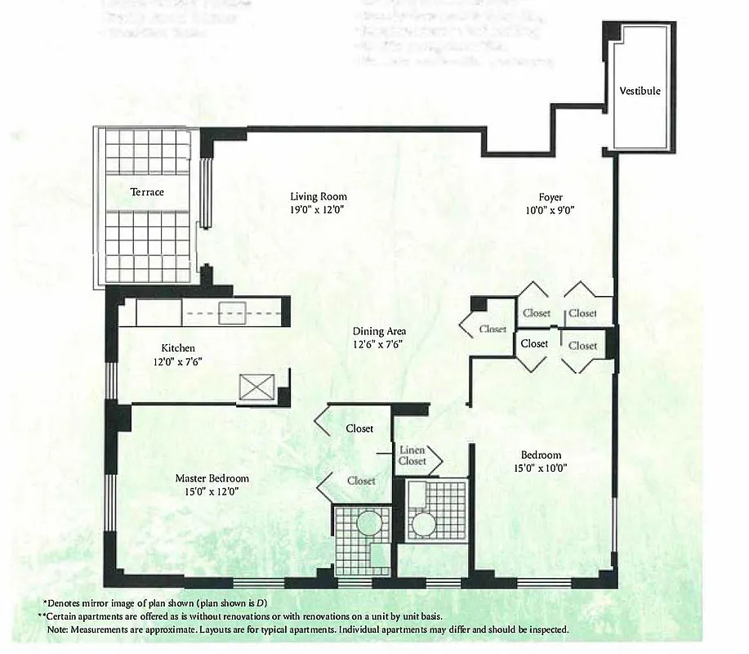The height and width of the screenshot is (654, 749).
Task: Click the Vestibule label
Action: pyautogui.click(x=640, y=91)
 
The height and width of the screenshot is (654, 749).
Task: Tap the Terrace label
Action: pyautogui.click(x=147, y=192)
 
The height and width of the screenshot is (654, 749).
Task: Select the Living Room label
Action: pyautogui.click(x=319, y=196)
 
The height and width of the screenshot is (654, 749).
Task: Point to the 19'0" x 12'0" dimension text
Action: pyautogui.click(x=319, y=209)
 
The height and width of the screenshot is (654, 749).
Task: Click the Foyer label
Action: pyautogui.click(x=551, y=197)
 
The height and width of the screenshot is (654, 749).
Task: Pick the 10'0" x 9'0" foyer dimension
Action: pyautogui.click(x=551, y=210)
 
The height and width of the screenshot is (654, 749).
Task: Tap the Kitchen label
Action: pyautogui.click(x=177, y=347)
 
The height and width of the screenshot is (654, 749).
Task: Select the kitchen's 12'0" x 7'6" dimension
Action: pyautogui.click(x=177, y=361)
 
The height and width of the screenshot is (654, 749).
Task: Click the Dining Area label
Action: pyautogui.click(x=379, y=331)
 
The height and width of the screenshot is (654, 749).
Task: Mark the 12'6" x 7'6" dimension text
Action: pyautogui.click(x=379, y=344)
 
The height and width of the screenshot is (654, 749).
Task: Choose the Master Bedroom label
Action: pyautogui.click(x=212, y=478)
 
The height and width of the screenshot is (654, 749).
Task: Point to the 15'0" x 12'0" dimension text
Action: pyautogui.click(x=212, y=491)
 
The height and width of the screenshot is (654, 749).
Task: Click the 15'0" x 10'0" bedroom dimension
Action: pyautogui.click(x=541, y=468)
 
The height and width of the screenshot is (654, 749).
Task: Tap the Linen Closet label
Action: pyautogui.click(x=412, y=455)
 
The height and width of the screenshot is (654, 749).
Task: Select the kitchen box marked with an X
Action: pyautogui.click(x=251, y=387)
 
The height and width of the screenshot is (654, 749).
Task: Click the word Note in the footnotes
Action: pyautogui.click(x=58, y=630)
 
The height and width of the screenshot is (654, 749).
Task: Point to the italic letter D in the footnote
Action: pyautogui.click(x=262, y=602)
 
